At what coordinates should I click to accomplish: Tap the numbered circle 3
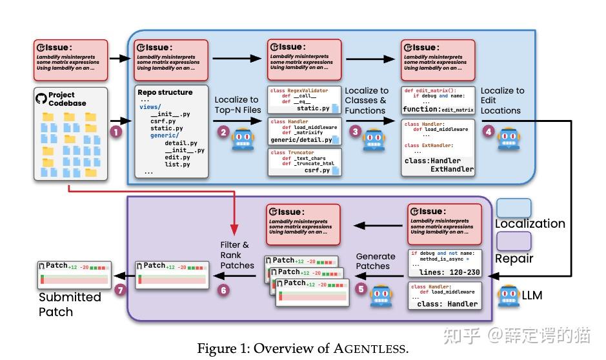coord(354,131)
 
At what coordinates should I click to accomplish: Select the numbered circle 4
coord(488,131)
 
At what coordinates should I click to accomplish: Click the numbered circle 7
coord(119,290)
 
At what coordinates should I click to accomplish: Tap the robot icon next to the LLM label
coord(509,295)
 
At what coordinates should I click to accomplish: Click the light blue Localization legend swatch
coord(514,208)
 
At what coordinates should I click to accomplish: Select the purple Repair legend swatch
coord(514,241)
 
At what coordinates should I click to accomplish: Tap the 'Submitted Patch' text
coord(70,304)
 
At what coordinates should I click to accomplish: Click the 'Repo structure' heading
coord(165,92)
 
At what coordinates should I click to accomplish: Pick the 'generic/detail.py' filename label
coord(301,139)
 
